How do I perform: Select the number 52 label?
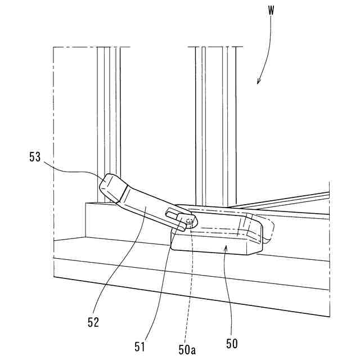[x=94, y=322]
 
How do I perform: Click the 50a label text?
[x=187, y=349]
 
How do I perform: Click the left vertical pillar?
[x=108, y=112]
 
